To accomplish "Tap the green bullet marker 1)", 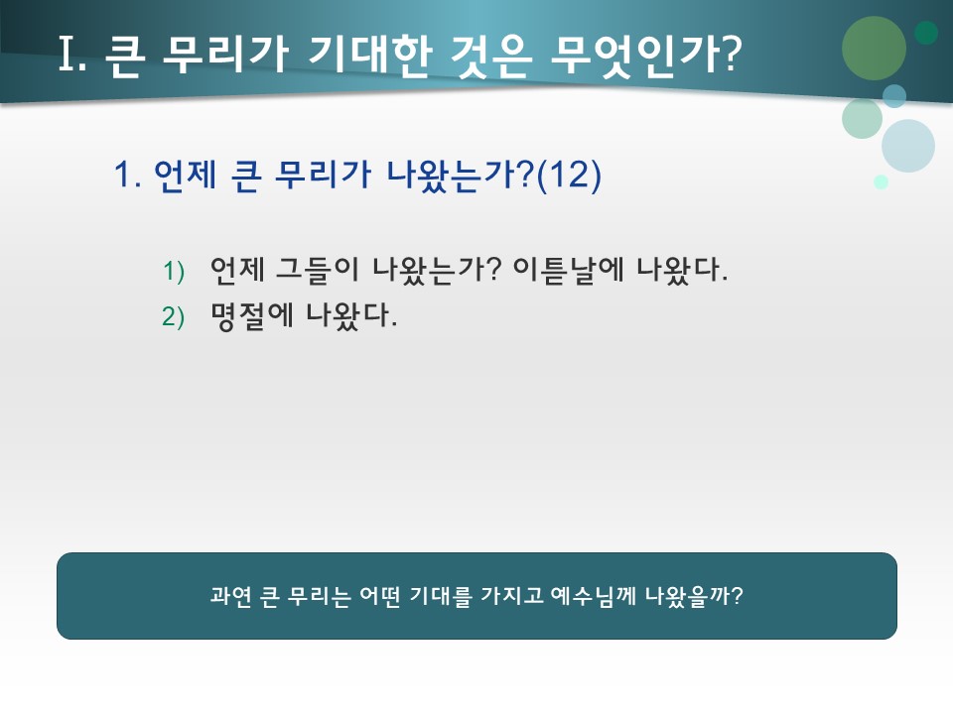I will (x=174, y=271).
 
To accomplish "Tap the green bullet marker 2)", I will (x=174, y=317).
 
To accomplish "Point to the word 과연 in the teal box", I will (x=230, y=596).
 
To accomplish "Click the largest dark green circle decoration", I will (x=874, y=48).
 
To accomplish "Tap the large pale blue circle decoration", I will (x=907, y=146).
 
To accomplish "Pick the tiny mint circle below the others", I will (x=881, y=181).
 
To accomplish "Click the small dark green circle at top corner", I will (x=926, y=33).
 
